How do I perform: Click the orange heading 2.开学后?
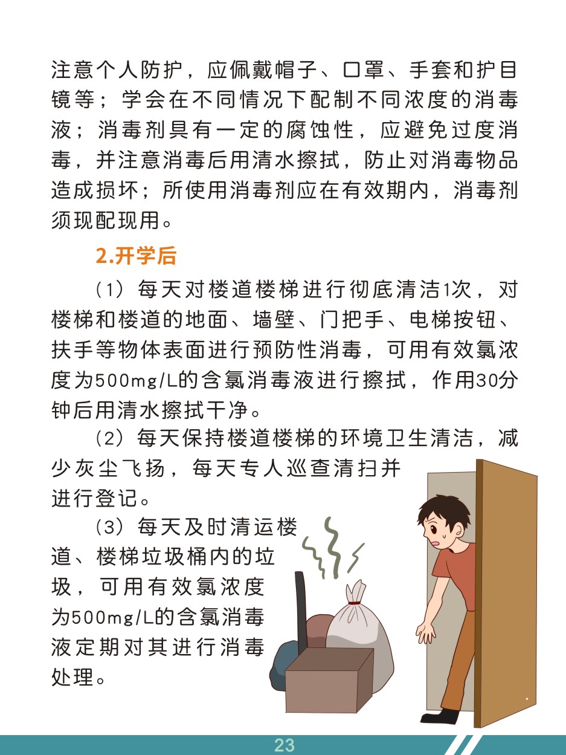(136, 256)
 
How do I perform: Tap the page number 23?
(284, 745)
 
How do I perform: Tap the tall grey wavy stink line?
(332, 547)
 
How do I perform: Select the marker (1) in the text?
(109, 290)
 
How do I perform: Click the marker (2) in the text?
(109, 439)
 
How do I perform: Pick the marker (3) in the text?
(109, 527)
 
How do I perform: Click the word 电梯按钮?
(452, 320)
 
